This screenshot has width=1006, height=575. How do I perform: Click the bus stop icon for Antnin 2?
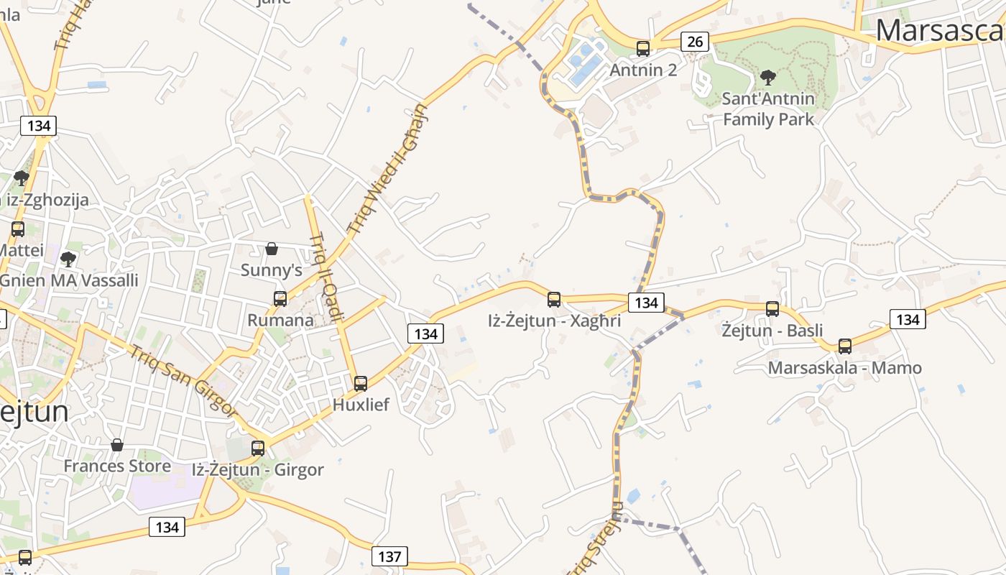pos(642,48)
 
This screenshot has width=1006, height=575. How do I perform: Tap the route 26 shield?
pos(695,42)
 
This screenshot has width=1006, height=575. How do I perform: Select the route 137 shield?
pos(389,556)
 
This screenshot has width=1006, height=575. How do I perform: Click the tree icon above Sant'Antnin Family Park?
pos(768,77)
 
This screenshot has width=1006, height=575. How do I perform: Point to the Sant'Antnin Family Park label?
pos(768,109)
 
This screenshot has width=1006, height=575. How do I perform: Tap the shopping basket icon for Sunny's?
pos(272,249)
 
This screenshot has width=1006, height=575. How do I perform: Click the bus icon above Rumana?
pos(280,298)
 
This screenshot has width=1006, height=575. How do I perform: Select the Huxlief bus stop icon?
pos(361,383)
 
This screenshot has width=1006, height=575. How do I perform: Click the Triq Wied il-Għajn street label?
pos(387,170)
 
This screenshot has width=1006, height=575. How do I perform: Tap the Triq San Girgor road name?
pos(183,380)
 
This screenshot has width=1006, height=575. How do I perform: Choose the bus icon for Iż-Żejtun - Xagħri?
pos(553,299)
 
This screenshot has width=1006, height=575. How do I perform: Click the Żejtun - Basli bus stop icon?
pos(772,309)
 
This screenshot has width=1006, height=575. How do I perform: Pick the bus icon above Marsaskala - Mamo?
pos(845,346)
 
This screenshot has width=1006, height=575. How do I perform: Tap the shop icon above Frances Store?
pos(117,445)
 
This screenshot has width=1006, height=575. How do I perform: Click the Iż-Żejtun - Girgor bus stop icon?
pos(257,448)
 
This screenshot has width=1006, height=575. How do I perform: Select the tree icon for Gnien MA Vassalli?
pos(68,259)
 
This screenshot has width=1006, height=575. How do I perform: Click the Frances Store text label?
pos(117,466)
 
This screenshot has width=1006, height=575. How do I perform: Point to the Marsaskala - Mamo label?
pos(845,368)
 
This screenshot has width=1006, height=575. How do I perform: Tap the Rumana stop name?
pos(280,320)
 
